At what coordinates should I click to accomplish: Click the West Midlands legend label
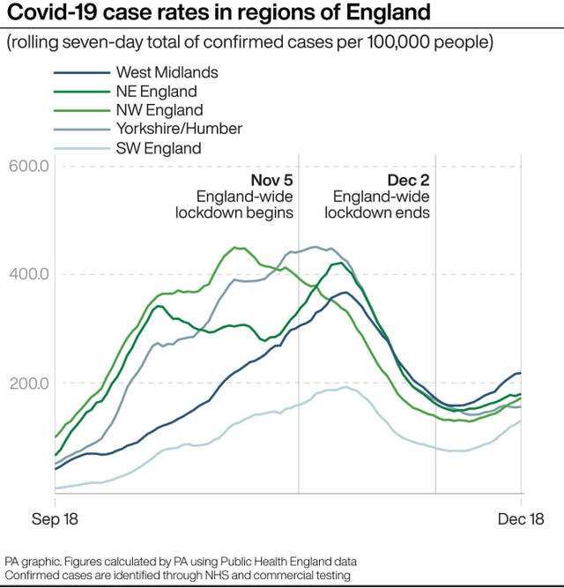point(167,72)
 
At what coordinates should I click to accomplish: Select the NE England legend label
point(156,92)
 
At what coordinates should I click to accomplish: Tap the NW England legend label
point(159,110)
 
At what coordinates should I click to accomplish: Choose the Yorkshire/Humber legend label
point(178,129)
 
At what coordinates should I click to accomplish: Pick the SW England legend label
point(158,148)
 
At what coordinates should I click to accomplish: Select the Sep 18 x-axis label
point(55,519)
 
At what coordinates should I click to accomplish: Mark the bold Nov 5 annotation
point(270,181)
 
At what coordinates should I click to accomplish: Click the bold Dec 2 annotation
point(408,181)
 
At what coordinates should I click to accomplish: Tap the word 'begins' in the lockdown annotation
point(271,212)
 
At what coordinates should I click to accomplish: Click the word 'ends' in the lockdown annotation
point(413,212)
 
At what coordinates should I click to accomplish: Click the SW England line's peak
point(346,387)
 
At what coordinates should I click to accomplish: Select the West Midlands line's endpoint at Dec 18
point(520,374)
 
